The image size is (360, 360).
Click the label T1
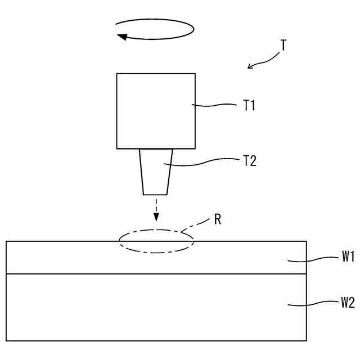tap(249, 105)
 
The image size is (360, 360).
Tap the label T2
tap(250, 161)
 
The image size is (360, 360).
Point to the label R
tap(218, 219)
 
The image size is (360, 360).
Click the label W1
tap(347, 257)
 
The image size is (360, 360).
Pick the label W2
tap(347, 303)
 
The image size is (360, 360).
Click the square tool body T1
tap(156, 111)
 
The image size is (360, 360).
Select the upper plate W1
tap(84, 258)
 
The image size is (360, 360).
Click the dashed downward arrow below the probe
tap(156, 209)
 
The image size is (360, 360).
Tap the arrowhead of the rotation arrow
tap(120, 37)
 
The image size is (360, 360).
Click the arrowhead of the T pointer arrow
tap(250, 67)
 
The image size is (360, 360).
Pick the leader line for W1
tap(312, 259)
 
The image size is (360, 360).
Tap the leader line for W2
tap(312, 304)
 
